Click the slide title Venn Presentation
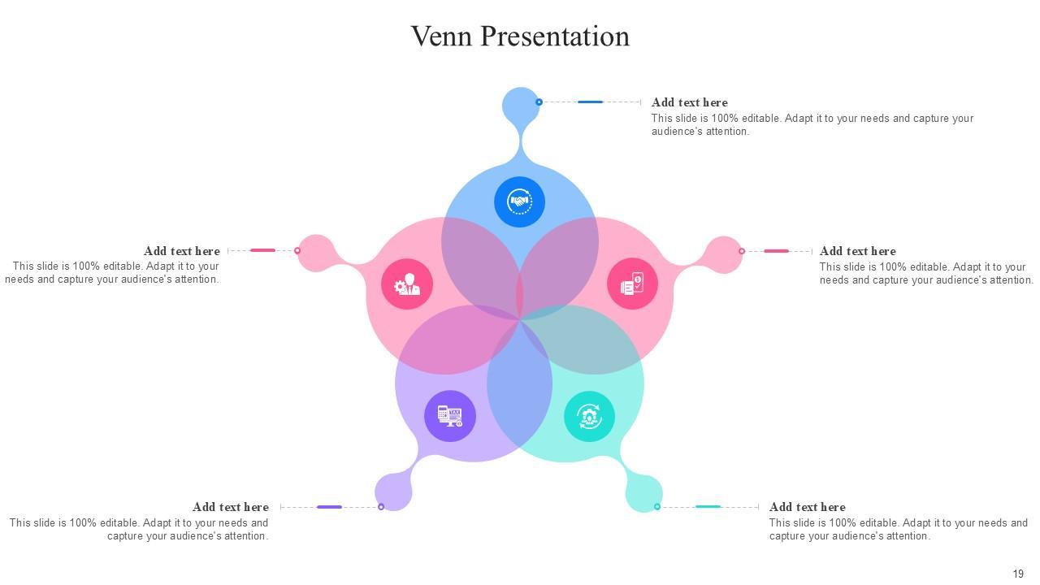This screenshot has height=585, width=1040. pyautogui.click(x=520, y=36)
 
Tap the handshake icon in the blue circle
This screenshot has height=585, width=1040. pyautogui.click(x=519, y=201)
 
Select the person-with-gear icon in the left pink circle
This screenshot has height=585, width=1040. pyautogui.click(x=406, y=284)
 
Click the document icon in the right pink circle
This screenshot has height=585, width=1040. pyautogui.click(x=632, y=284)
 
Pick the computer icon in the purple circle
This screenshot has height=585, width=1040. pyautogui.click(x=449, y=416)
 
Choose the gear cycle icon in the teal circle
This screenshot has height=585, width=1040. pyautogui.click(x=589, y=416)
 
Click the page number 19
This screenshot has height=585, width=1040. pyautogui.click(x=1018, y=574)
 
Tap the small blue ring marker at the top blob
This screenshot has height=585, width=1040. pyautogui.click(x=539, y=102)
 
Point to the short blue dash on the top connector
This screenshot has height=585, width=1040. pyautogui.click(x=590, y=102)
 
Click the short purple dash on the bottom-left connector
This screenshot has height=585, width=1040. pyautogui.click(x=329, y=507)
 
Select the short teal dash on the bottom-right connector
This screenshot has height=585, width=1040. pyautogui.click(x=708, y=507)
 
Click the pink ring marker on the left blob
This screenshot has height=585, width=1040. pyautogui.click(x=297, y=250)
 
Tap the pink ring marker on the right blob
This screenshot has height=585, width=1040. pyautogui.click(x=741, y=251)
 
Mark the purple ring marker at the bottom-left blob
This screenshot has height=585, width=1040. pyautogui.click(x=381, y=507)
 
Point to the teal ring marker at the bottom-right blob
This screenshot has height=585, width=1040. pyautogui.click(x=657, y=507)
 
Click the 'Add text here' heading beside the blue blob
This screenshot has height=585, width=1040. pyautogui.click(x=689, y=102)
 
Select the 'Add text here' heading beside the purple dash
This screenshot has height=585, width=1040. pyautogui.click(x=230, y=507)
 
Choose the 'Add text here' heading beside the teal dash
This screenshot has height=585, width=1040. pyautogui.click(x=807, y=507)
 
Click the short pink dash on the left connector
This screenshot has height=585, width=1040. pyautogui.click(x=262, y=250)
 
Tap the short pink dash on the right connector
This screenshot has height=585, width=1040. pyautogui.click(x=776, y=251)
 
